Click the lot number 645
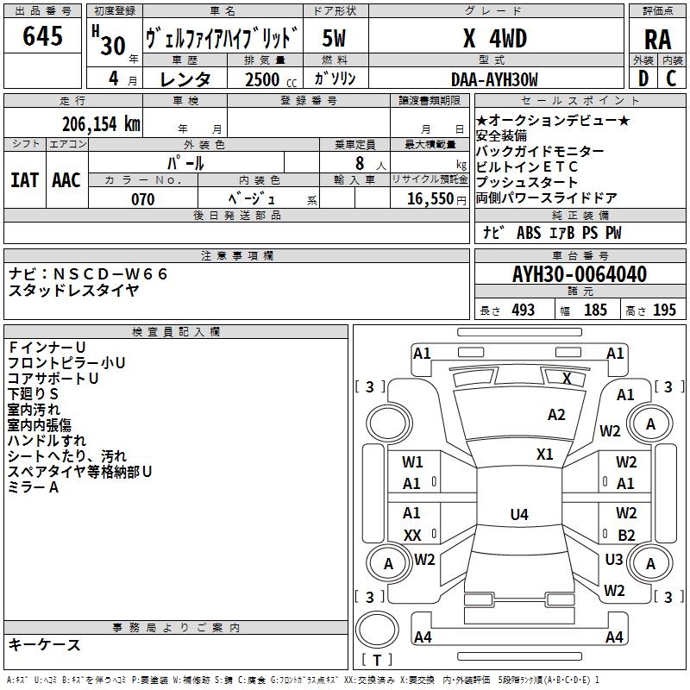(x=43, y=36)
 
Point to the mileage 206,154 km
(x=101, y=123)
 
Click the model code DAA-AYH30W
(x=494, y=79)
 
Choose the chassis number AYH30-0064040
(x=580, y=275)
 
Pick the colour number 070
(x=143, y=199)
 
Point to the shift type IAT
(x=24, y=179)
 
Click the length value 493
(x=524, y=310)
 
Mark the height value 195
(x=664, y=310)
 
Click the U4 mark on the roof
(x=518, y=515)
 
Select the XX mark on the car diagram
(x=412, y=536)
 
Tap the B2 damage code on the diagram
(x=626, y=536)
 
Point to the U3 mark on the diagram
(x=614, y=560)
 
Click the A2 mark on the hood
(x=557, y=415)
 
